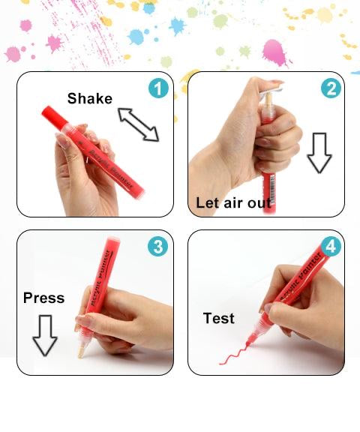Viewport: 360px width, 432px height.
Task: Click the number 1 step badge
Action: click(x=157, y=88)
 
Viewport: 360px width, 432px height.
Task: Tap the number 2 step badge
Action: click(x=331, y=88)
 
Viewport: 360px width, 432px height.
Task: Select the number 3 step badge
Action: click(x=157, y=246)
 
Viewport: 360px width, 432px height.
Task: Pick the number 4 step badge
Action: click(x=331, y=246)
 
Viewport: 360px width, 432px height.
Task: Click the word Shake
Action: click(x=89, y=98)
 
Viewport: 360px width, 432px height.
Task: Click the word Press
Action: click(x=43, y=298)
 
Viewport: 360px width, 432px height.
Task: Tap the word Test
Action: click(x=218, y=319)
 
